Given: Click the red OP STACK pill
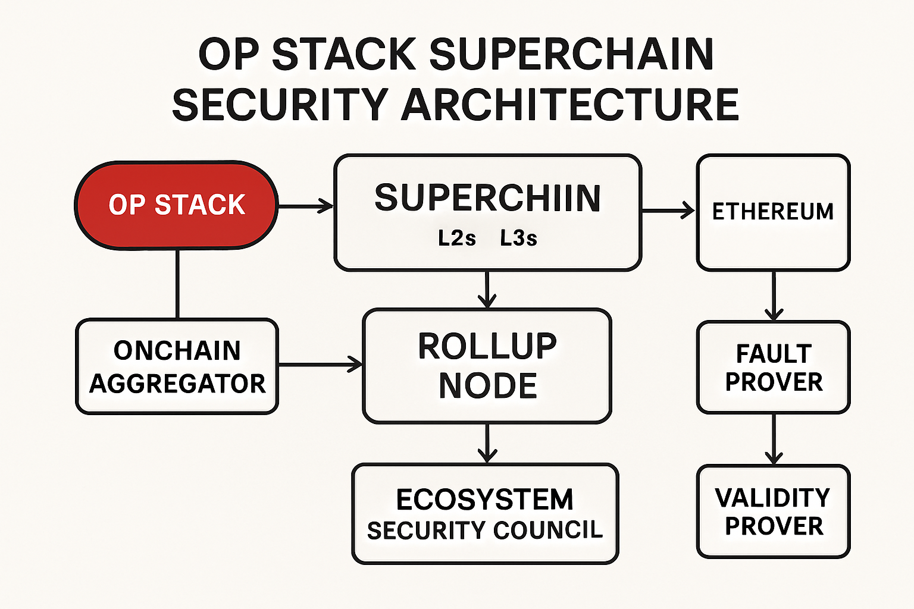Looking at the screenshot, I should [x=176, y=205].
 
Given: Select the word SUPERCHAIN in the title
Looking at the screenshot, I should [x=571, y=55].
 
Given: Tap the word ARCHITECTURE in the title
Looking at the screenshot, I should [x=570, y=105].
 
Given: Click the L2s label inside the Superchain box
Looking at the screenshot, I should [x=457, y=238].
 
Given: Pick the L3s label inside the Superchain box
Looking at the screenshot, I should [x=518, y=238].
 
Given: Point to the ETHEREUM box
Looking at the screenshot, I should [x=773, y=212].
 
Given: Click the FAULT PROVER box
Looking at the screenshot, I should [x=773, y=368].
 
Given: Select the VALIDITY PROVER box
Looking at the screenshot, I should [x=773, y=511].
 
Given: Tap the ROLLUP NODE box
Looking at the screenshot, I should [x=487, y=366].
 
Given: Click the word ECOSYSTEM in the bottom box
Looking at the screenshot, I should [x=485, y=500].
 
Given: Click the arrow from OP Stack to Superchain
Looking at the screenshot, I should [x=305, y=206].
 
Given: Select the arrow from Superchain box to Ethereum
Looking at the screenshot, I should [x=668, y=210].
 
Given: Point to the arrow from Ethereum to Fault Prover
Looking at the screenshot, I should [x=774, y=296].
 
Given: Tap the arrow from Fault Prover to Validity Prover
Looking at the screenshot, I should [x=774, y=439].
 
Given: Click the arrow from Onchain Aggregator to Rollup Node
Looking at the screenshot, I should [x=320, y=364].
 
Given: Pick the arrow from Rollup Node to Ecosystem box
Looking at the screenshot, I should [x=487, y=443].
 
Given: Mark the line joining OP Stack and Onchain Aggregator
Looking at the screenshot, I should [x=177, y=284].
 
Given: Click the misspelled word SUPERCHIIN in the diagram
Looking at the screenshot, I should [x=487, y=199].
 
